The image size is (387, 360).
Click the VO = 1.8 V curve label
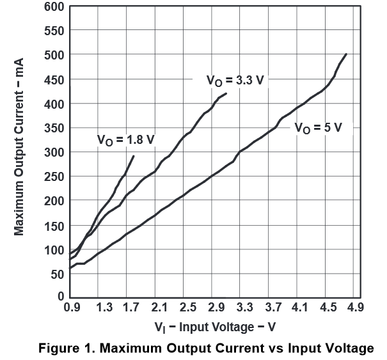125,140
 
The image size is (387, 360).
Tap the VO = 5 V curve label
318,127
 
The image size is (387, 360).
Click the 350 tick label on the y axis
54,128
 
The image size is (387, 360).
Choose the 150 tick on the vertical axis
54,225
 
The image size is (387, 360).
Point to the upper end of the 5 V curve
346,54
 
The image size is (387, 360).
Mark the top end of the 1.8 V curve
133,155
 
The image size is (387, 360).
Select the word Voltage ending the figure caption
349,348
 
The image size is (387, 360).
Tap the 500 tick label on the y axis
54,55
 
